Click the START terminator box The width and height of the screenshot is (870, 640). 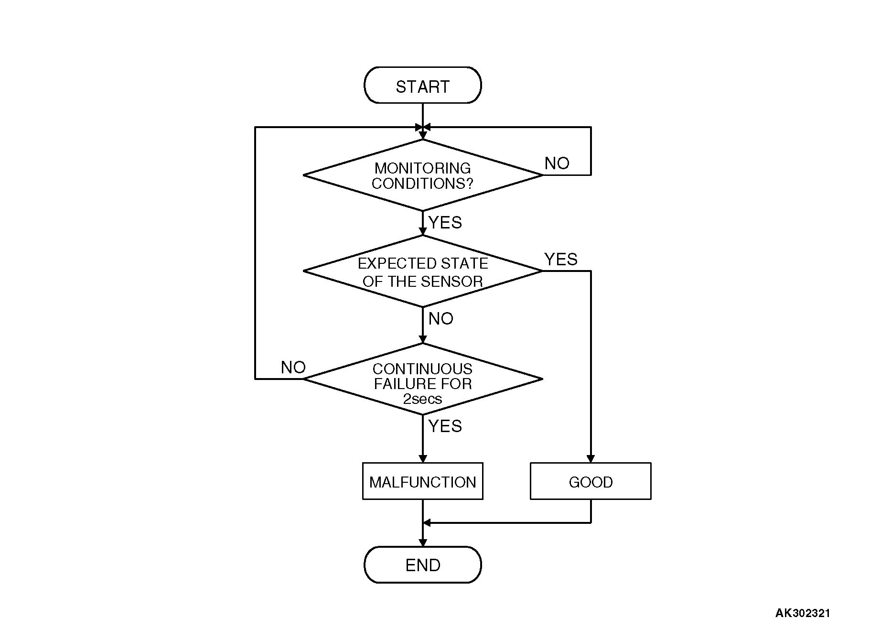click(422, 86)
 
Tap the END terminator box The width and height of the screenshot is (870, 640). click(422, 565)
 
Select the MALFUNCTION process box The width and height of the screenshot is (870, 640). click(422, 481)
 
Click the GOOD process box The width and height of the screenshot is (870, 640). click(591, 481)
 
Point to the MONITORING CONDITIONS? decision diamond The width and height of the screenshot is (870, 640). click(422, 175)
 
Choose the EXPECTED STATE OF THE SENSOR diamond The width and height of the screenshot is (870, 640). click(422, 271)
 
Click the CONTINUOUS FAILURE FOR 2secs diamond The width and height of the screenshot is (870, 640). click(422, 379)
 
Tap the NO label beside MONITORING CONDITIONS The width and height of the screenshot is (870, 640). click(557, 163)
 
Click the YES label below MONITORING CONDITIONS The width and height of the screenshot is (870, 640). click(445, 223)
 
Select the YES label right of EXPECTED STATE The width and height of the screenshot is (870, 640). click(561, 260)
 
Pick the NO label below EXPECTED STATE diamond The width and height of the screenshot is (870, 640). click(440, 319)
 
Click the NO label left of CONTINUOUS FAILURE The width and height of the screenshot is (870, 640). click(293, 368)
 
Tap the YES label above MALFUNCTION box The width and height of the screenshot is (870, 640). click(445, 426)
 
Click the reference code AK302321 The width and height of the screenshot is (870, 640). click(802, 613)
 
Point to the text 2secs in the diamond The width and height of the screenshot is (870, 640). click(422, 399)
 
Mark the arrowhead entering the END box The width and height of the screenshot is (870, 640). click(422, 542)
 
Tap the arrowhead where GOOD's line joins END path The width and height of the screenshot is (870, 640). click(427, 522)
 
